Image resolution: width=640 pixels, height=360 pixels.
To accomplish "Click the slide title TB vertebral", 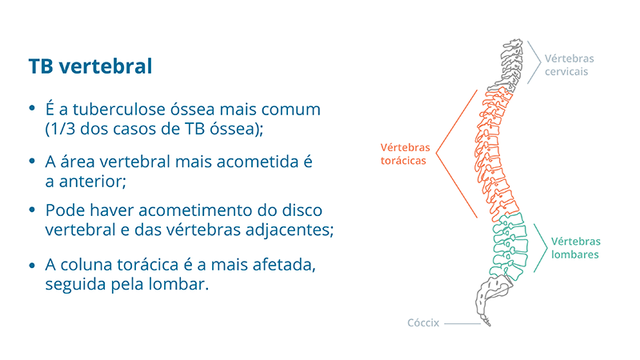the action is click(x=90, y=66).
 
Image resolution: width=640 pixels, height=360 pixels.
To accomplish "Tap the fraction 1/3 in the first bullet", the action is click(x=62, y=129).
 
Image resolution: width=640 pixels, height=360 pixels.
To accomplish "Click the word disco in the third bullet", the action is click(x=302, y=210).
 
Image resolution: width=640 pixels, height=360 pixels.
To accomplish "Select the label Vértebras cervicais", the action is click(x=569, y=65).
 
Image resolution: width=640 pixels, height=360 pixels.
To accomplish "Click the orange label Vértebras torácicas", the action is click(x=405, y=154).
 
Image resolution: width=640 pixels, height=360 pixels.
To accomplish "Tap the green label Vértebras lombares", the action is click(x=575, y=248).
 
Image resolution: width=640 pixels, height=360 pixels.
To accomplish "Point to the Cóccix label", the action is click(x=423, y=323).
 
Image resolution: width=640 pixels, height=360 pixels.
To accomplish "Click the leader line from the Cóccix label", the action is click(x=462, y=324).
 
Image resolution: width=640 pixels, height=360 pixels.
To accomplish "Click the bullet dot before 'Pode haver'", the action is click(x=32, y=210).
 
